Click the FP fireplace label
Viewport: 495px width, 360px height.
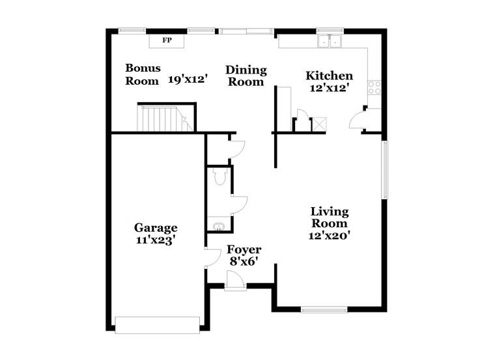pyautogui.click(x=167, y=40)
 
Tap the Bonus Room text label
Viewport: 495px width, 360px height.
pyautogui.click(x=143, y=74)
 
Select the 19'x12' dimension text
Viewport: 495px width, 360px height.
pyautogui.click(x=188, y=79)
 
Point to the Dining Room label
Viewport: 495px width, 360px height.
pyautogui.click(x=246, y=76)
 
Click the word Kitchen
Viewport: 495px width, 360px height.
pyautogui.click(x=329, y=76)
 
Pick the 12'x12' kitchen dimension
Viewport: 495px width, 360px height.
pyautogui.click(x=329, y=89)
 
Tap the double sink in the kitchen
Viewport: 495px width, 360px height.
pyautogui.click(x=330, y=42)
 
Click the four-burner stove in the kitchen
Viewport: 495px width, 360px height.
pyautogui.click(x=375, y=87)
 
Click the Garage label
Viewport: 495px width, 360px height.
pyautogui.click(x=156, y=228)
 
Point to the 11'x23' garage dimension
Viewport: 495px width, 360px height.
pyautogui.click(x=156, y=240)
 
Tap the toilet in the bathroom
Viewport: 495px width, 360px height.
pyautogui.click(x=219, y=175)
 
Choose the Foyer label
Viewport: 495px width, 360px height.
pyautogui.click(x=244, y=250)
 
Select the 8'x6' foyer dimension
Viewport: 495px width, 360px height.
pyautogui.click(x=244, y=262)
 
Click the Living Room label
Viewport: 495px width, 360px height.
pyautogui.click(x=329, y=217)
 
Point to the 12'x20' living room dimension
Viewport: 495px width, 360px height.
pyautogui.click(x=329, y=236)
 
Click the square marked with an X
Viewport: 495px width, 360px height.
pyautogui.click(x=318, y=124)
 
